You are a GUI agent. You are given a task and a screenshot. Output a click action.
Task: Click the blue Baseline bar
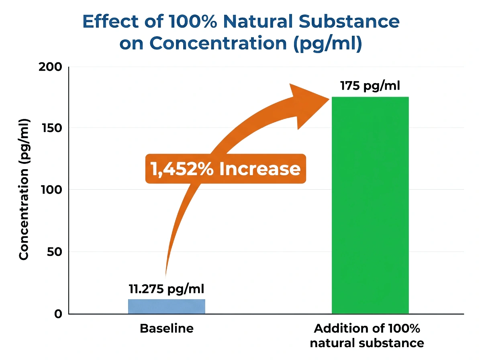pos(166,307)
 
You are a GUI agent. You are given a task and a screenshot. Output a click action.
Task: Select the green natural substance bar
pos(370,205)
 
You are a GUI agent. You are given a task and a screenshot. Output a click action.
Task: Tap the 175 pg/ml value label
pos(370,86)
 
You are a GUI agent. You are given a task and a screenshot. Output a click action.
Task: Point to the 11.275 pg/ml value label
pos(166,289)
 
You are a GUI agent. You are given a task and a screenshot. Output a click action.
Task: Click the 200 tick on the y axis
pos(50,67)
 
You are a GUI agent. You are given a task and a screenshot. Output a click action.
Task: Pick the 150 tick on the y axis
pos(51,128)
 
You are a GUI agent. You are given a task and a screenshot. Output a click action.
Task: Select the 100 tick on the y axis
pos(51,190)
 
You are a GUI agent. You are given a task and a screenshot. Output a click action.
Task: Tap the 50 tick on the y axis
pos(54,252)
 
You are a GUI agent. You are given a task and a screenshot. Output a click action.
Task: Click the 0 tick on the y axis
pos(58,314)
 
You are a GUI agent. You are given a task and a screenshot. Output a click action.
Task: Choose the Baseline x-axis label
pos(167,329)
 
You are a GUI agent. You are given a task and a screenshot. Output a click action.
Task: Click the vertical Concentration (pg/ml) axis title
pos(24,189)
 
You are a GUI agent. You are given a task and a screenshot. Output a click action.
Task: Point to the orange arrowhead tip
pos(329,99)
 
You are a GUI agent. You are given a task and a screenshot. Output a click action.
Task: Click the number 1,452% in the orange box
pos(182,169)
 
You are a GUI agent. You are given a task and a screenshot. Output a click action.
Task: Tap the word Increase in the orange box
pos(260,169)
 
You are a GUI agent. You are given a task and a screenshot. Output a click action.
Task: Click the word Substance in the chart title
pos(349,21)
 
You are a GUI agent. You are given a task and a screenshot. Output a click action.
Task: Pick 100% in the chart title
pos(192,21)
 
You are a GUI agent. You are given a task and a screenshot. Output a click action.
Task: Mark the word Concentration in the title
pos(218,43)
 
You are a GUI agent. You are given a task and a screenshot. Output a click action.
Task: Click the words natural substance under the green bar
pos(367,343)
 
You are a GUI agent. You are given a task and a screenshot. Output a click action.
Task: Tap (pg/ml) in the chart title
pos(328,43)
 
